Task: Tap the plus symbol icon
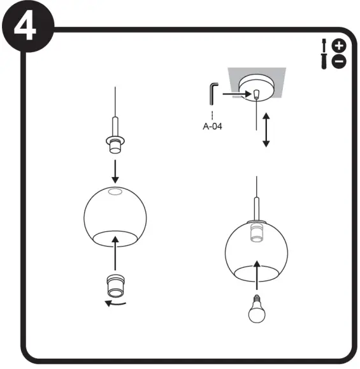[x=339, y=45]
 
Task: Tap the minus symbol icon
[x=339, y=61]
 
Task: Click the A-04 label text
[x=212, y=126]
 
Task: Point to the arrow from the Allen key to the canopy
[x=236, y=94]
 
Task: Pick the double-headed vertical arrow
[x=266, y=130]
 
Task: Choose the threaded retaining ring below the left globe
[x=115, y=284]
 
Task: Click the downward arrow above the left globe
[x=115, y=171]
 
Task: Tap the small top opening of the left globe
[x=115, y=192]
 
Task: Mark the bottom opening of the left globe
[x=115, y=238]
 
